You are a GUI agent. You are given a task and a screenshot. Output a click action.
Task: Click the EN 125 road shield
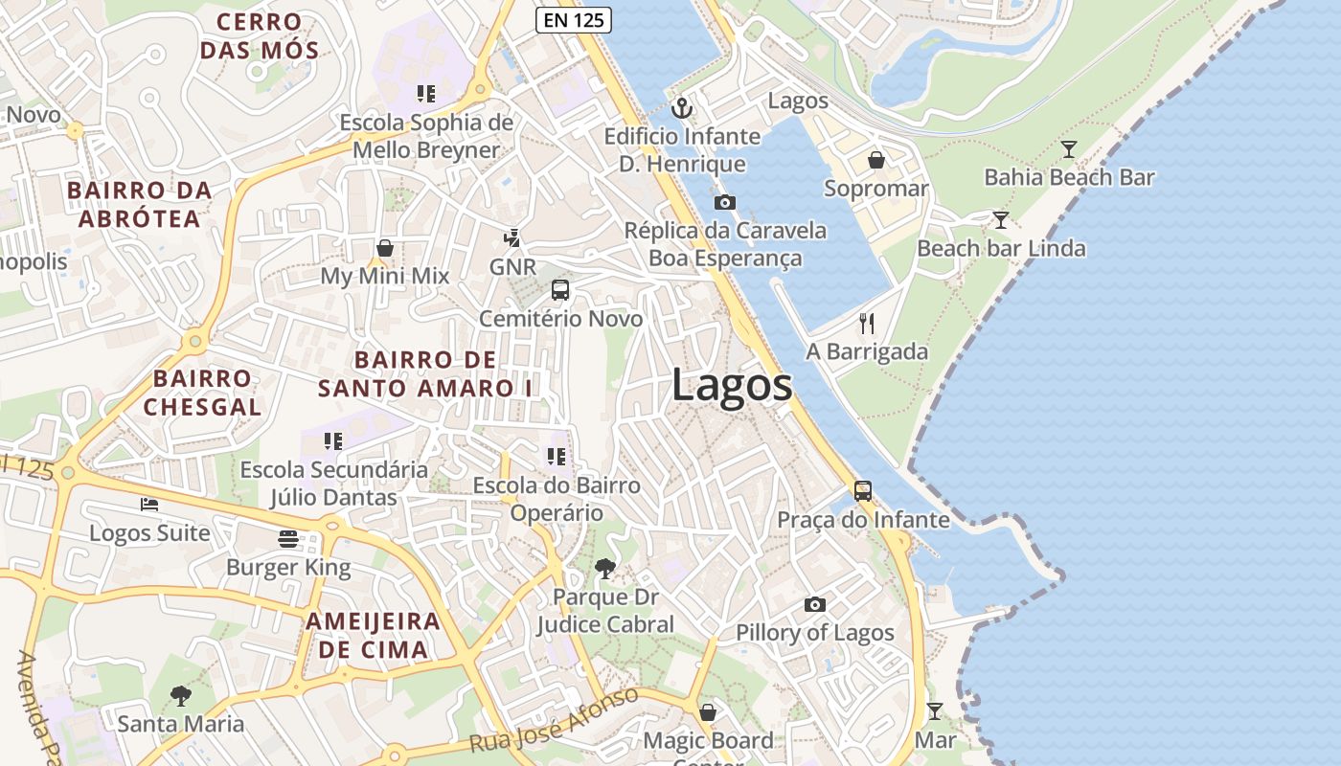click(x=573, y=18)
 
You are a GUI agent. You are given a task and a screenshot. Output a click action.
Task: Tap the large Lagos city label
click(x=732, y=385)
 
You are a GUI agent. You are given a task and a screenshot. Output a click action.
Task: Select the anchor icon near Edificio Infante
click(x=681, y=108)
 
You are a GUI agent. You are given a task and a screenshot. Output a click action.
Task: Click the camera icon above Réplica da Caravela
click(x=725, y=202)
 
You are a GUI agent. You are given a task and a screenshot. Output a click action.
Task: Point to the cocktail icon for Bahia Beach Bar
click(x=1069, y=148)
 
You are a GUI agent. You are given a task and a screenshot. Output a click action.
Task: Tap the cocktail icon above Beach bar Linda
click(x=1000, y=220)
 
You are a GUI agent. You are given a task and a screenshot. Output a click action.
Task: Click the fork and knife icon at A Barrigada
click(x=867, y=324)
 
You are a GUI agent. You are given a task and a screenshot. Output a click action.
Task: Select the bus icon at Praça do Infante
click(x=863, y=491)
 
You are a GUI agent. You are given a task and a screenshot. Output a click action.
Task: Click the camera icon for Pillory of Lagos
click(x=815, y=604)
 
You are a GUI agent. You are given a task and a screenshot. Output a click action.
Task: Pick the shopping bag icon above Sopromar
click(x=875, y=160)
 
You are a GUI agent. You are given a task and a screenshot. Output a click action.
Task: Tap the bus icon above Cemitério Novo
click(x=560, y=290)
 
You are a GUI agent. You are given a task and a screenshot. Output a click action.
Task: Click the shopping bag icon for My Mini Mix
click(x=384, y=249)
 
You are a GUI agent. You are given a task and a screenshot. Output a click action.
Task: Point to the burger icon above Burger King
click(x=288, y=539)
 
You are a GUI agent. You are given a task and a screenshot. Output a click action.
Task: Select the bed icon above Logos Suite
click(x=148, y=504)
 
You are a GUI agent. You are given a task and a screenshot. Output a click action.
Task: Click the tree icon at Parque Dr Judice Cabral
click(x=604, y=569)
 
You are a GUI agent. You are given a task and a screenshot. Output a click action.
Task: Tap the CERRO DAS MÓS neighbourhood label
click(x=259, y=35)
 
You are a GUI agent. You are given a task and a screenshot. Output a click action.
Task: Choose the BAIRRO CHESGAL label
click(x=202, y=393)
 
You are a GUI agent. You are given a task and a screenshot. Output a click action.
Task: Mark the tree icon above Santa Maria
click(x=180, y=695)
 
